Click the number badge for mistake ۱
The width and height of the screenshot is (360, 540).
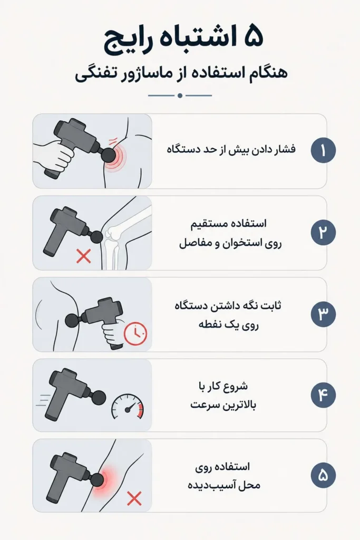coord(323,150)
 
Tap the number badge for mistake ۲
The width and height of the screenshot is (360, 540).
coord(323,233)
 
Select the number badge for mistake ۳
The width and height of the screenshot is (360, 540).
coord(323,314)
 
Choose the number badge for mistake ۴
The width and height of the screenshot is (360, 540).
coord(323,395)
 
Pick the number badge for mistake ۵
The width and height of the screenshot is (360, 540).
coord(323,476)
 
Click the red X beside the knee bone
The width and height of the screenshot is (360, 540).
coord(83,256)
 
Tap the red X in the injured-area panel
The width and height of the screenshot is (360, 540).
coord(134,498)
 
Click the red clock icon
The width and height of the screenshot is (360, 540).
coord(135,334)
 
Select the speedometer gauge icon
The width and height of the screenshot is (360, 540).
coord(128,407)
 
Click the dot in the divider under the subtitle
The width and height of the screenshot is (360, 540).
coord(180,95)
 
